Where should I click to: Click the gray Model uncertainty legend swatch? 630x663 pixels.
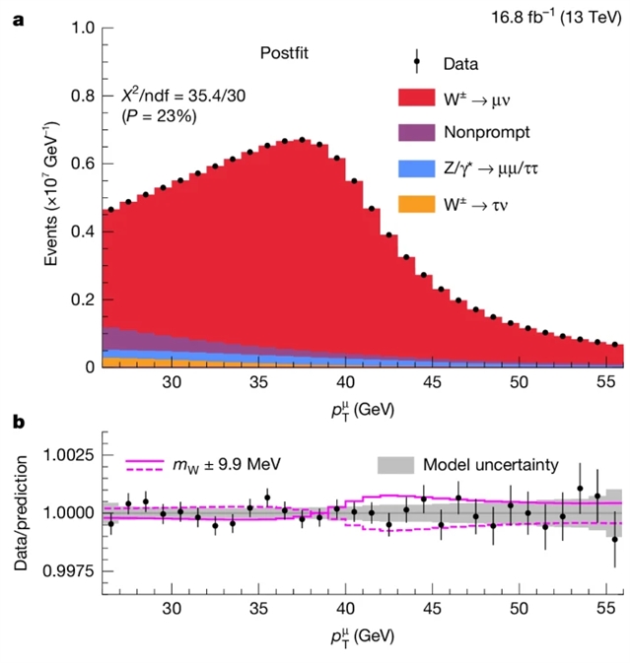coord(393,464)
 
